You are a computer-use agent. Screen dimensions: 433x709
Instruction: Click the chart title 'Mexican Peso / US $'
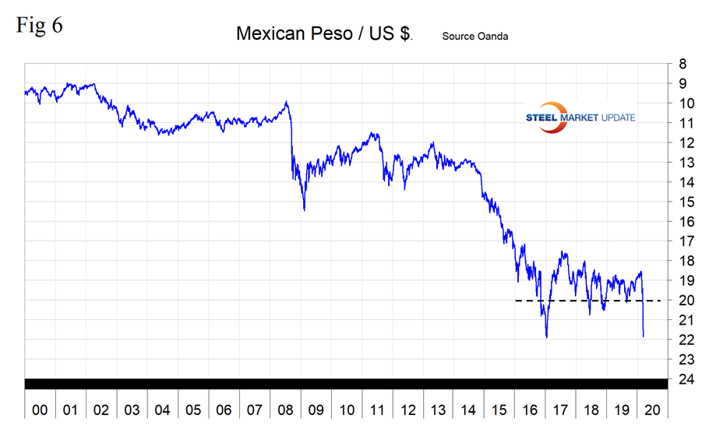tap(323, 35)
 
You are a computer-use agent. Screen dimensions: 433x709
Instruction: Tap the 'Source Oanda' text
tap(474, 36)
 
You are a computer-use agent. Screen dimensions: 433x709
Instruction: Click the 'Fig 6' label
tap(39, 25)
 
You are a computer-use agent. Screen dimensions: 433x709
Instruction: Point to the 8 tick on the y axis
tap(683, 64)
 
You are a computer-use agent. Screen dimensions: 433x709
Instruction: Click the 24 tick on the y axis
tap(683, 379)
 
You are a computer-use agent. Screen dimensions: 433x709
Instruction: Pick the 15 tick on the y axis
tap(683, 202)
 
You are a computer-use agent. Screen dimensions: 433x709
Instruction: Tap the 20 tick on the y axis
tap(683, 301)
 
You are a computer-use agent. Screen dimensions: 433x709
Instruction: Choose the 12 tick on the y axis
tap(683, 143)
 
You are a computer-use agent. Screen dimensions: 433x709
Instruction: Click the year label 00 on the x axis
tap(40, 410)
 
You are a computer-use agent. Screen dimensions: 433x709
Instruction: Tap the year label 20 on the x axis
tap(653, 410)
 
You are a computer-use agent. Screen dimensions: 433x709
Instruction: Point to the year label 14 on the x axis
tap(469, 410)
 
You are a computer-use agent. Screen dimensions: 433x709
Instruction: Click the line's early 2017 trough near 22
tap(546, 336)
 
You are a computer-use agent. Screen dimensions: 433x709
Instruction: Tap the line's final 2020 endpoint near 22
tap(644, 336)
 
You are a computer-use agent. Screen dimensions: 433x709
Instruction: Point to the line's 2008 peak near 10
tap(287, 102)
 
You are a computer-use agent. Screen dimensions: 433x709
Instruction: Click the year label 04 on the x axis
tap(162, 410)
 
